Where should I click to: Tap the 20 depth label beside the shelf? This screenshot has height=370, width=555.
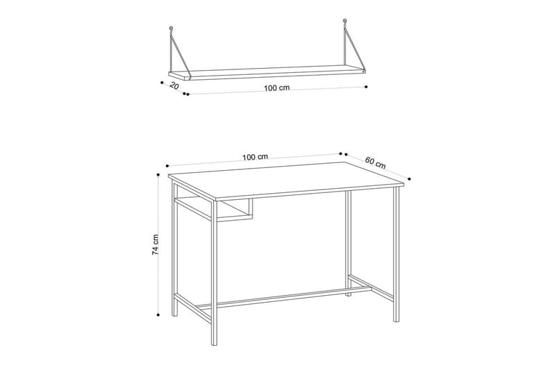(174, 86)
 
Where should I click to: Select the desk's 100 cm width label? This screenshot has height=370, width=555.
(255, 157)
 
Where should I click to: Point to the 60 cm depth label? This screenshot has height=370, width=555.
(375, 164)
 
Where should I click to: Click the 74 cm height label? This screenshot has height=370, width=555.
(157, 245)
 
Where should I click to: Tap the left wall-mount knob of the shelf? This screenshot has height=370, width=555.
(171, 29)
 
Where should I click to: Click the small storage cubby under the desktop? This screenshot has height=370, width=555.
(234, 210)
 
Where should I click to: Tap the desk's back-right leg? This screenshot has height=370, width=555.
(348, 243)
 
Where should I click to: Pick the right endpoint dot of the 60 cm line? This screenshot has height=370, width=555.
(407, 178)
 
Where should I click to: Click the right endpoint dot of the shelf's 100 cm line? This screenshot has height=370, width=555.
(366, 87)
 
